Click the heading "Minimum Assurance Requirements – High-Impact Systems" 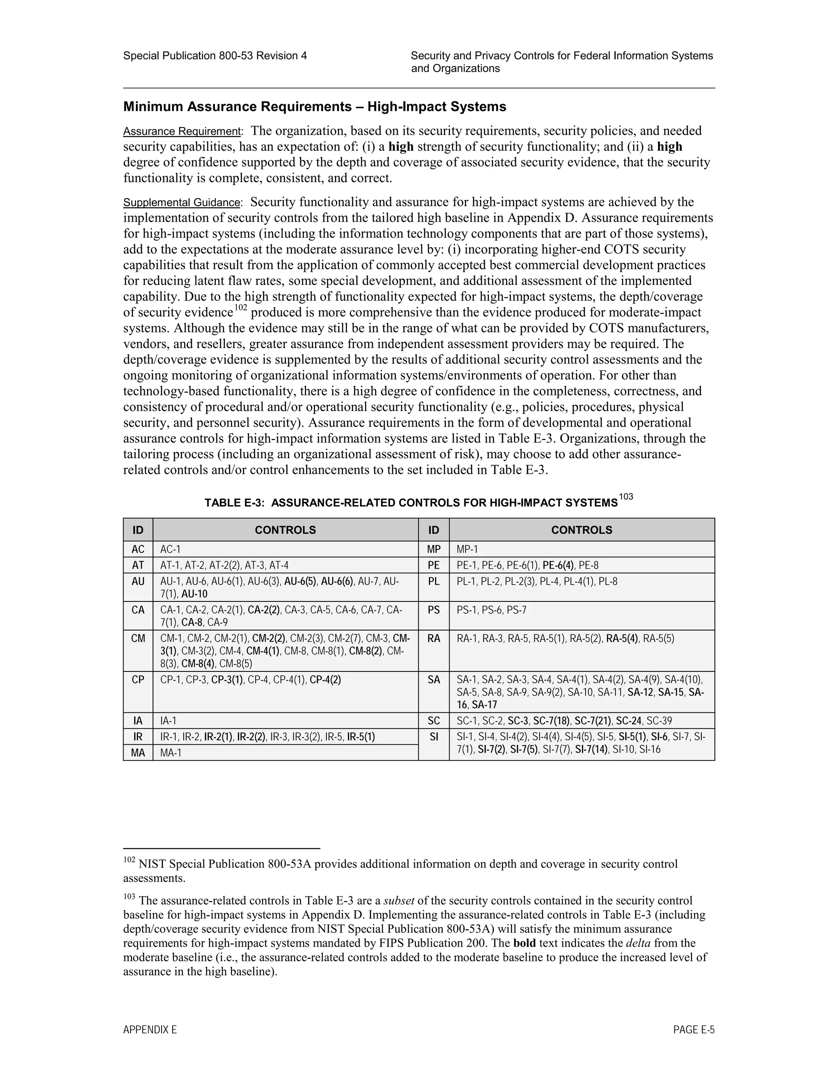tap(315, 107)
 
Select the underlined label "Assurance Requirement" tap(182, 132)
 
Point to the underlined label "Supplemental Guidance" tap(182, 203)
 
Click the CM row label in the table tap(138, 638)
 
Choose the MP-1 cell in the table tap(467, 549)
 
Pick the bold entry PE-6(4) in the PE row tap(559, 565)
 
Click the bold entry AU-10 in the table tap(195, 594)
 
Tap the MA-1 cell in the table tap(171, 753)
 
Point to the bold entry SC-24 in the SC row tap(629, 721)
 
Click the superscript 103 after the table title tap(626, 497)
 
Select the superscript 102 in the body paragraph tap(241, 307)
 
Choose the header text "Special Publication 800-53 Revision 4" tap(215, 56)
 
